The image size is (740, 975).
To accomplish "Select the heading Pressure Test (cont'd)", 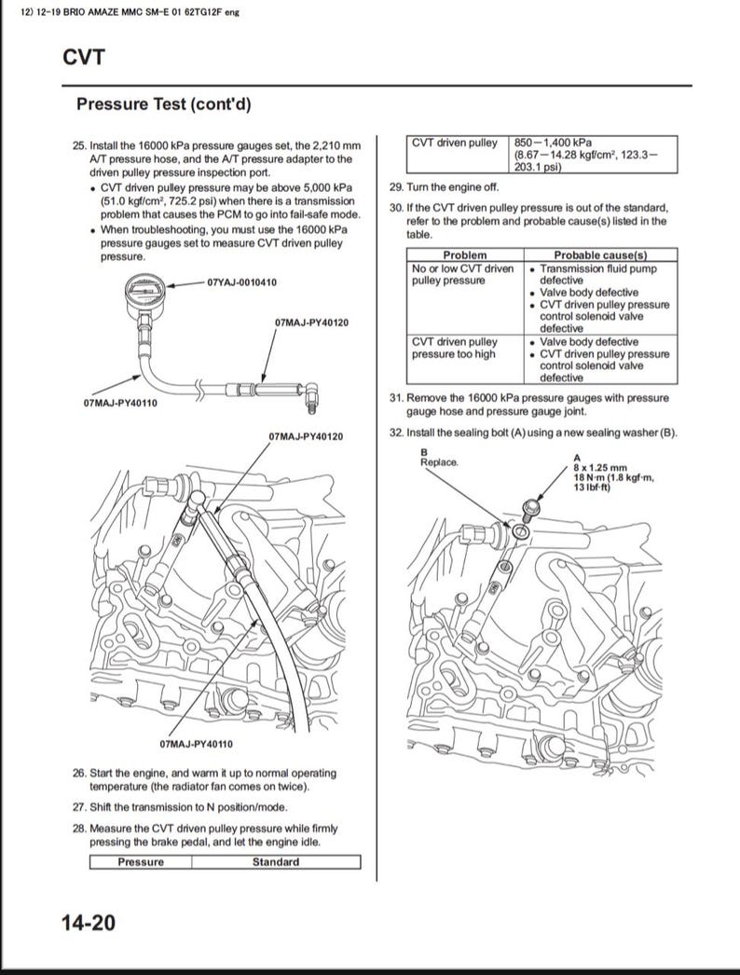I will click(x=163, y=104).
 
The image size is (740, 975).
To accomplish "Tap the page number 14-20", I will click(x=88, y=923).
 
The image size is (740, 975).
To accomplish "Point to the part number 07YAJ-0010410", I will click(x=241, y=282).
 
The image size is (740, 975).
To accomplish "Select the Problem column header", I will click(x=464, y=255).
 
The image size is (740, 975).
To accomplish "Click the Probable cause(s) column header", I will click(x=600, y=255).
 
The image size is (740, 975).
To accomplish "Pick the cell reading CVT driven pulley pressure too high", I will click(x=456, y=349).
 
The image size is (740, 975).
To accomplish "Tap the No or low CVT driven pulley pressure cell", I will click(x=462, y=275).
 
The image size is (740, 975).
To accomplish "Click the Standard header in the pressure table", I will click(x=275, y=862).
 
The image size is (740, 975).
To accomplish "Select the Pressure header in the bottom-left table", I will click(x=140, y=862).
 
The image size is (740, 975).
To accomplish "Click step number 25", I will click(x=78, y=147).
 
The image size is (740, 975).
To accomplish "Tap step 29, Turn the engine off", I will click(x=444, y=187).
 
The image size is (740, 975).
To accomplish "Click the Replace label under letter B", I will click(x=439, y=461).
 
